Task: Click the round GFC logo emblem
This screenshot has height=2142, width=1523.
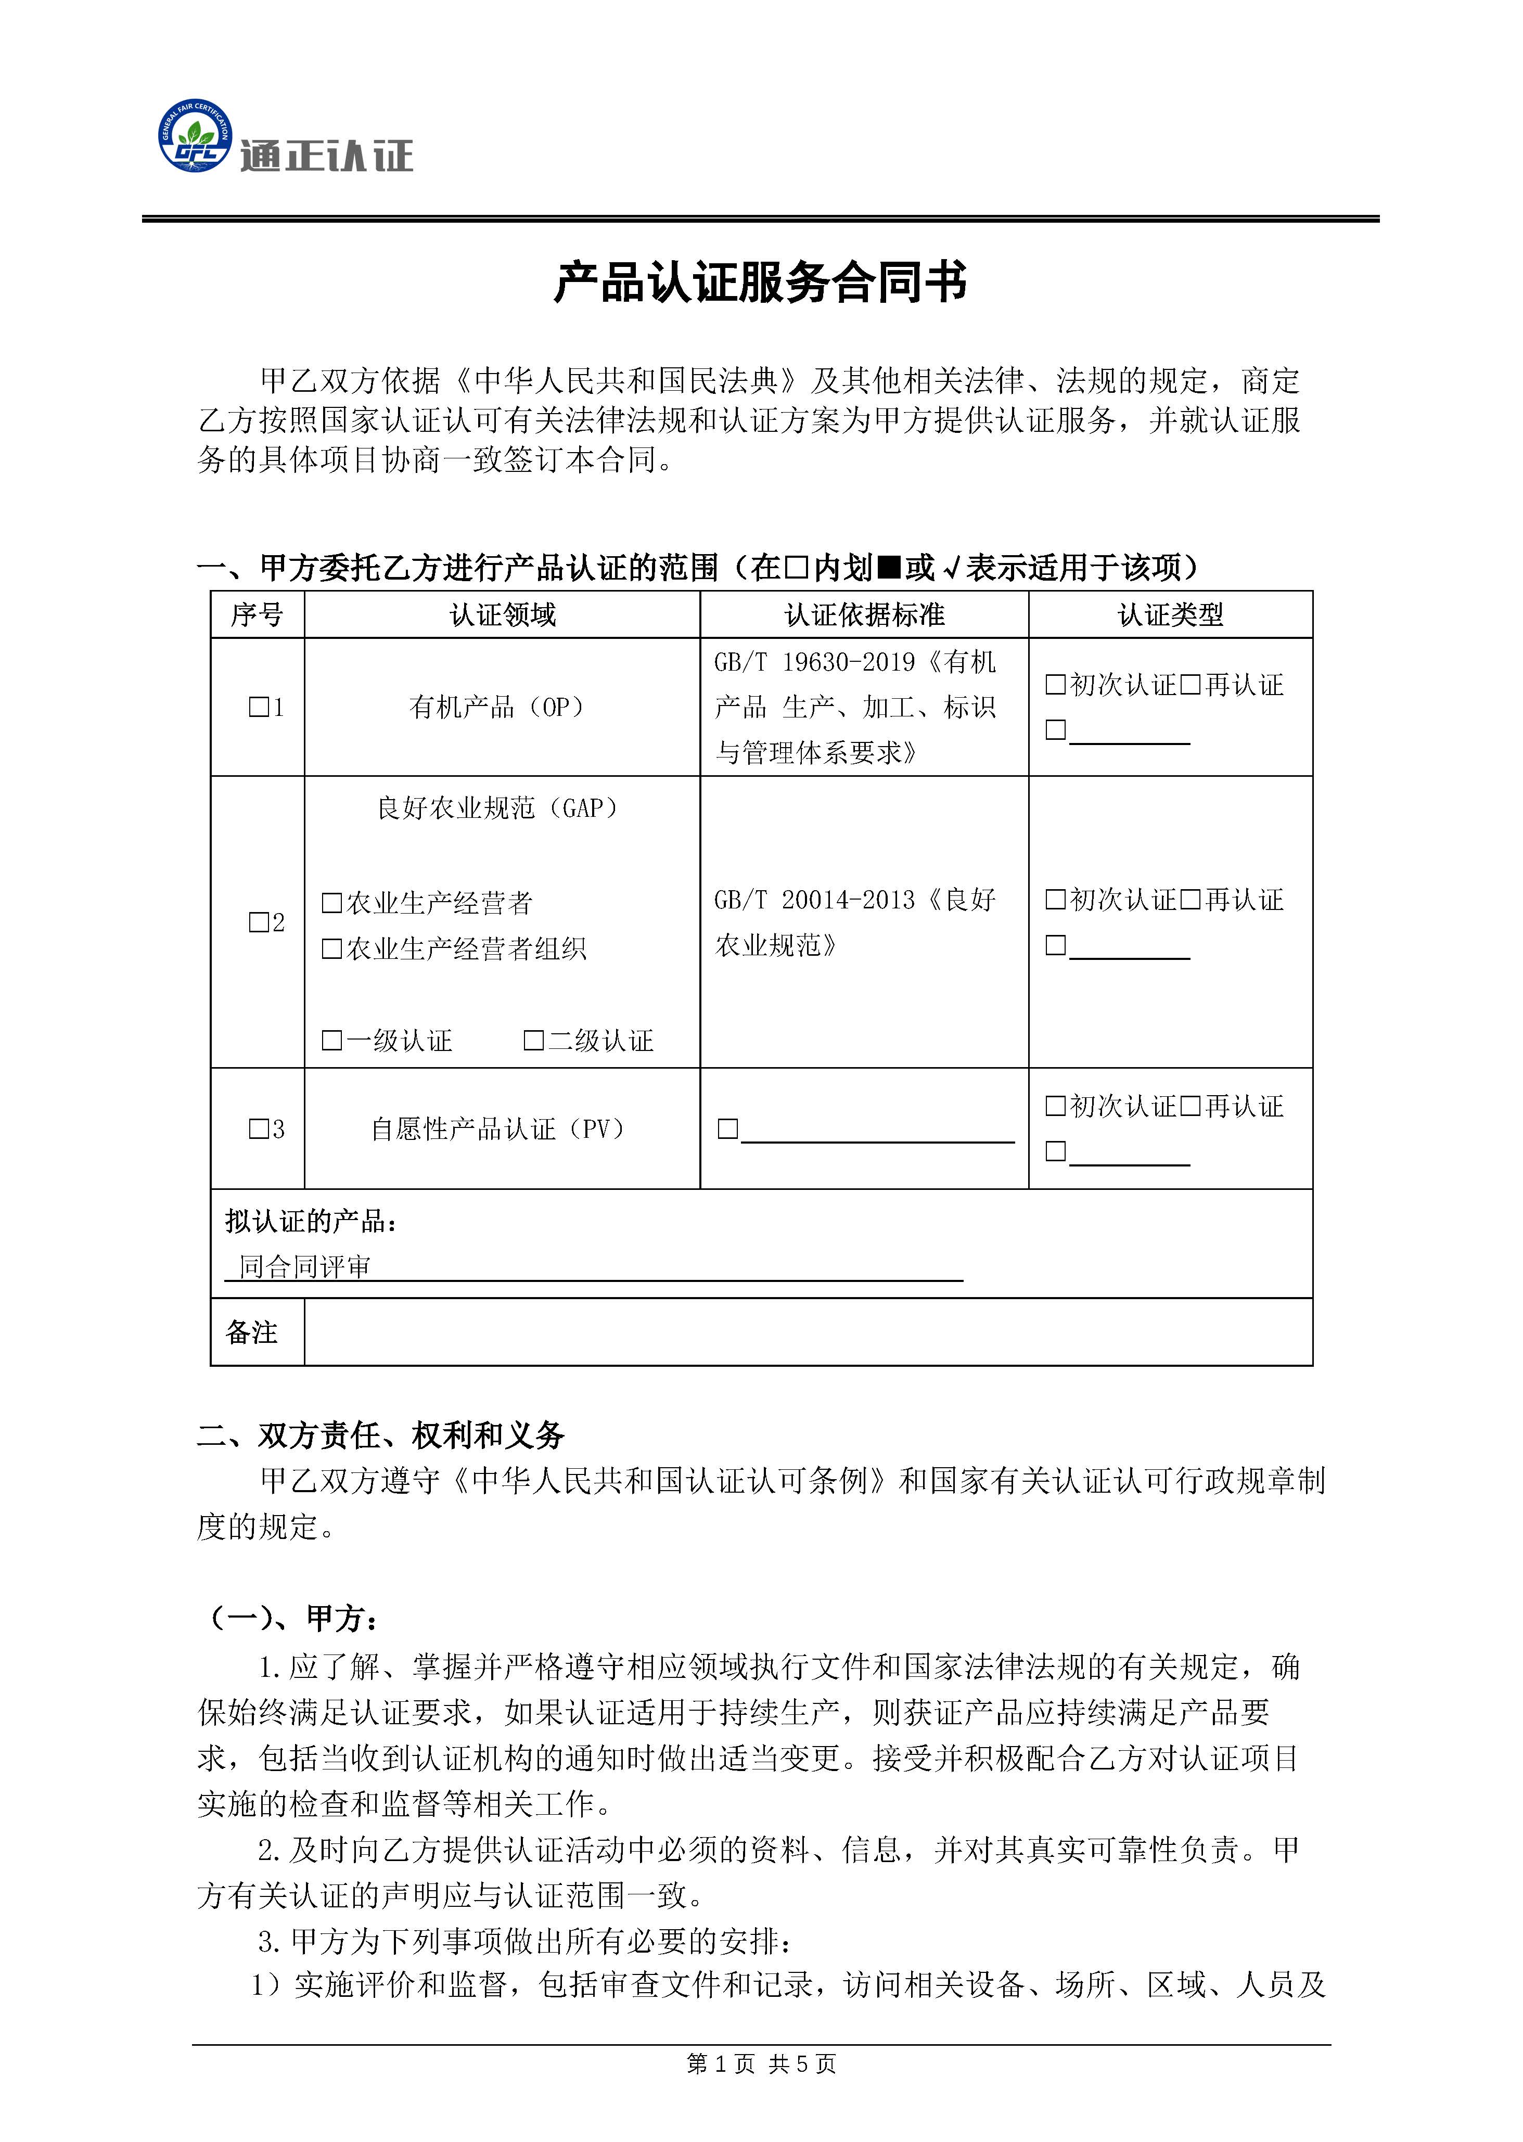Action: click(194, 137)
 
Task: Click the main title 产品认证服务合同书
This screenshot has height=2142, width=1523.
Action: click(761, 283)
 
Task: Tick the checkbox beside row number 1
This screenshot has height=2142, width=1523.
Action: click(258, 707)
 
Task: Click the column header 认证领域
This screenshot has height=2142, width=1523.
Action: click(503, 615)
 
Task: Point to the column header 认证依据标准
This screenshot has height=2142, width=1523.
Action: click(864, 615)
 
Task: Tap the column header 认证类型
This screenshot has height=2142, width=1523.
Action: click(1170, 615)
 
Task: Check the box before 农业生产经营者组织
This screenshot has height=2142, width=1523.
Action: click(331, 949)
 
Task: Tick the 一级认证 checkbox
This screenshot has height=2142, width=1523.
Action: click(331, 1040)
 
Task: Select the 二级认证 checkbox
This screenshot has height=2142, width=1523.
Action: click(533, 1040)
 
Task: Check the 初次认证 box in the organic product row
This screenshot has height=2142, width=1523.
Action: click(1055, 685)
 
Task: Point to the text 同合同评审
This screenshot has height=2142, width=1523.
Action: click(305, 1267)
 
